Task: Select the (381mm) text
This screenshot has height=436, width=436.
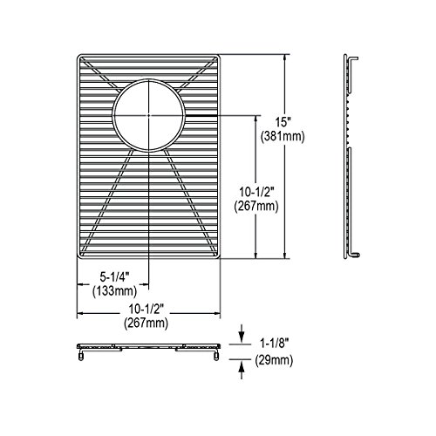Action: coord(283,136)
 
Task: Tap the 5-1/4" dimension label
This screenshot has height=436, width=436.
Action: coord(114,277)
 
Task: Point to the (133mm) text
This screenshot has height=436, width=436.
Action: coord(114,291)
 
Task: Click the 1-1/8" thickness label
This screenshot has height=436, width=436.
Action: coord(274,344)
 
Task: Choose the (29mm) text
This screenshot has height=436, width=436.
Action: coord(274,360)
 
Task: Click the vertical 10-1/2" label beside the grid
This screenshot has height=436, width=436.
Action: coord(256,192)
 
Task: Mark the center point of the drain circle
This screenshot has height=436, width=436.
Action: coord(148,115)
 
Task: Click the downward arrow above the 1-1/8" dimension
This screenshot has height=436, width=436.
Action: coord(241,333)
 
